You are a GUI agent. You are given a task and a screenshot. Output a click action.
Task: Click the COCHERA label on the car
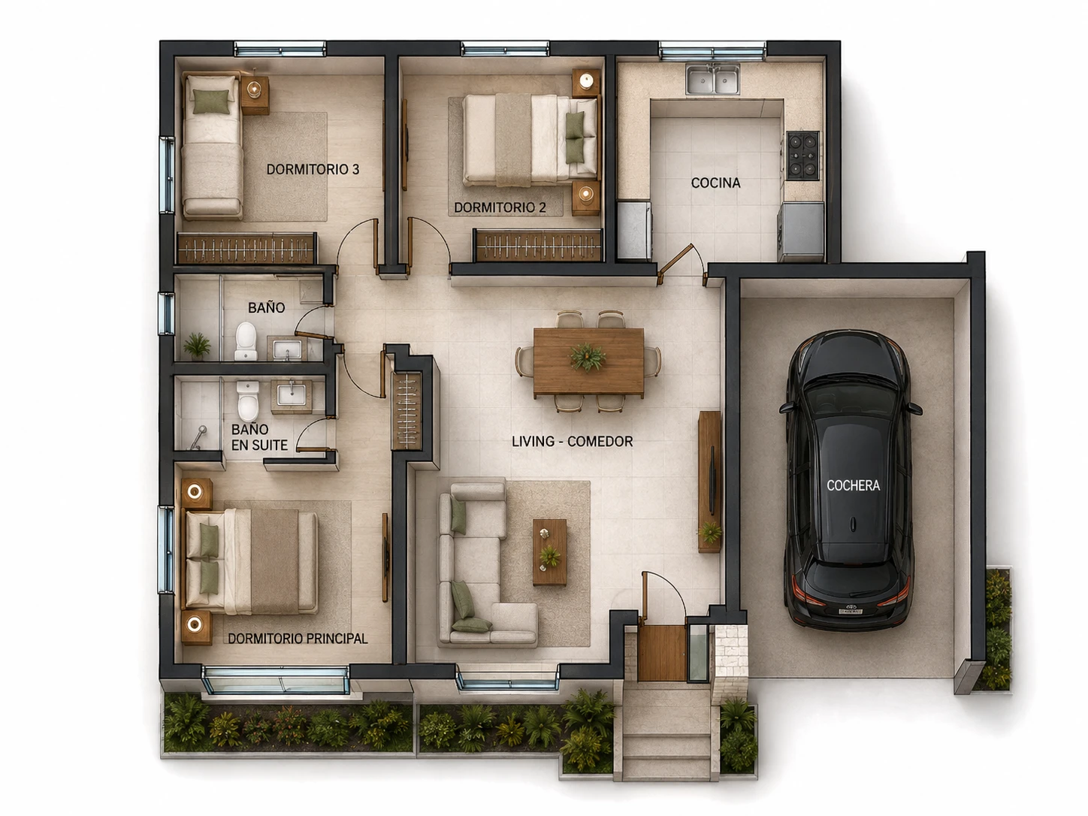tap(853, 485)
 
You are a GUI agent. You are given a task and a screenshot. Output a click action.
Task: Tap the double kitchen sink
tap(713, 79)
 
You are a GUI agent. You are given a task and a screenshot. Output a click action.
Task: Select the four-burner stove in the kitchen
tap(803, 155)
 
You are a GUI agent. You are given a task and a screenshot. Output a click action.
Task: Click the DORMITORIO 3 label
tap(313, 170)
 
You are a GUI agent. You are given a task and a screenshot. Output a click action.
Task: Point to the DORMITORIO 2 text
tap(500, 207)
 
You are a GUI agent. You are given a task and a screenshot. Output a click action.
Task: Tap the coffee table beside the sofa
tap(550, 552)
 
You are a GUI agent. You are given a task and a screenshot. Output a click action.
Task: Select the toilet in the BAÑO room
tap(246, 341)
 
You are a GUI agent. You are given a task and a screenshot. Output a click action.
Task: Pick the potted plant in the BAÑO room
tap(198, 346)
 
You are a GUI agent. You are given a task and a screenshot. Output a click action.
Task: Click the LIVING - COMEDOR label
tap(573, 442)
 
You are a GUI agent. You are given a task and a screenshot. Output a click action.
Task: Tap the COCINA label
tap(716, 183)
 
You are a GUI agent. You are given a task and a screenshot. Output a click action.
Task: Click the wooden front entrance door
tap(662, 653)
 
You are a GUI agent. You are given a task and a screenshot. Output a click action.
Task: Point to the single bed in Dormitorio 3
tap(212, 146)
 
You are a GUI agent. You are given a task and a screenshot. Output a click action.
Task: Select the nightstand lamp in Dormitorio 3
tap(254, 89)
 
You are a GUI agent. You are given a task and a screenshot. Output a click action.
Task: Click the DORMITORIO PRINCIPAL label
tap(298, 639)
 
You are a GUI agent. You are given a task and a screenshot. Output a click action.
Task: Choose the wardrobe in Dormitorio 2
tap(538, 245)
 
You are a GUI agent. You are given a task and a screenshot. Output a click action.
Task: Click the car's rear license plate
tap(850, 612)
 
